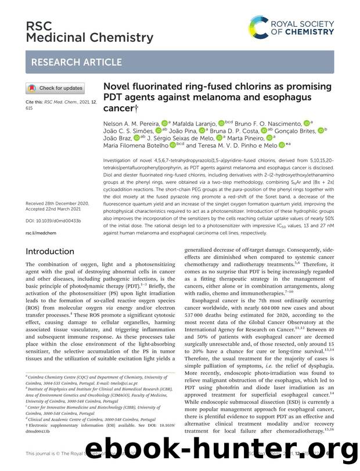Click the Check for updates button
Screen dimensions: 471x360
55,88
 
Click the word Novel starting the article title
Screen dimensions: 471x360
117,86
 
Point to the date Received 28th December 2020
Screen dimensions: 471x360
57,204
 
